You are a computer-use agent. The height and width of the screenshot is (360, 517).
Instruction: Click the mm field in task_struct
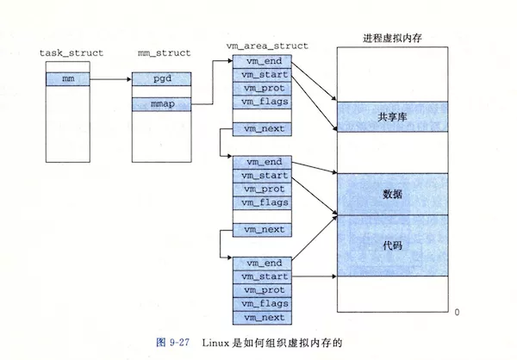67,79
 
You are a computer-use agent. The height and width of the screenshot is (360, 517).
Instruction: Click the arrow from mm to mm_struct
110,79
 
